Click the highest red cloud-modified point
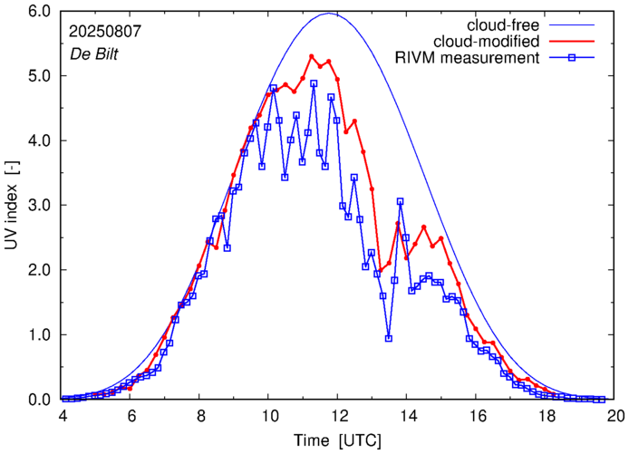tap(312, 56)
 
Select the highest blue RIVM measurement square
tap(314, 83)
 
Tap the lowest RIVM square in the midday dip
tap(389, 338)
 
